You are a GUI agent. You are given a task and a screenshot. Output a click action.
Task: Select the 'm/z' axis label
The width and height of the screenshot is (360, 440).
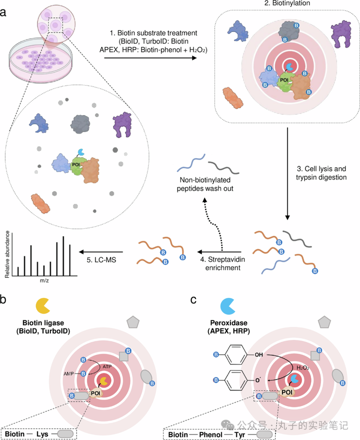(44, 281)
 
